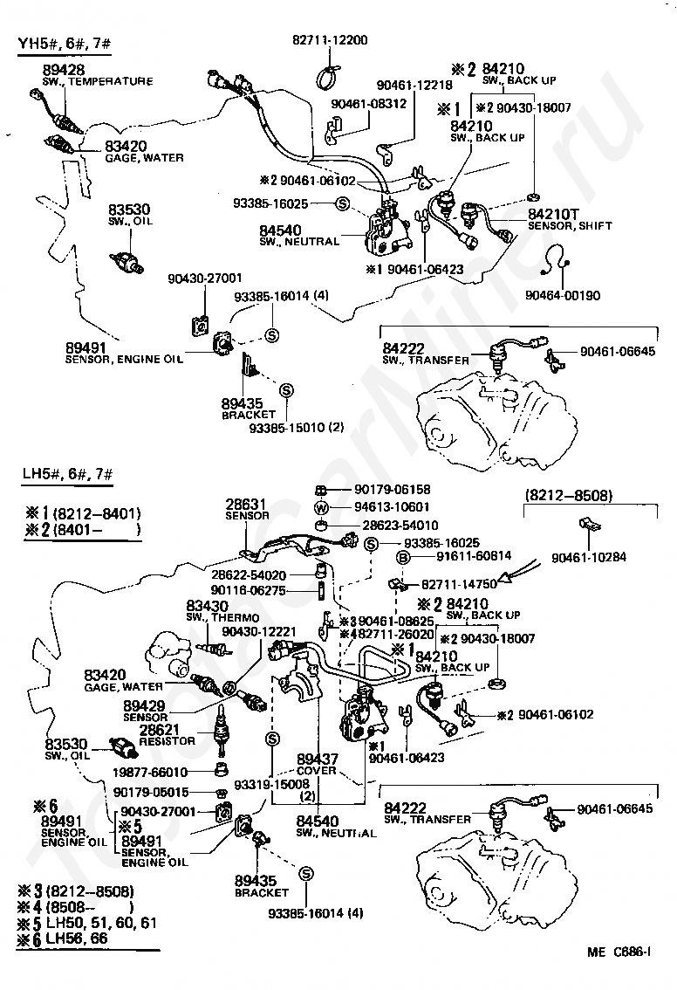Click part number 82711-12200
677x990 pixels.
click(330, 40)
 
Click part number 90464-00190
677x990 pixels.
click(563, 295)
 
